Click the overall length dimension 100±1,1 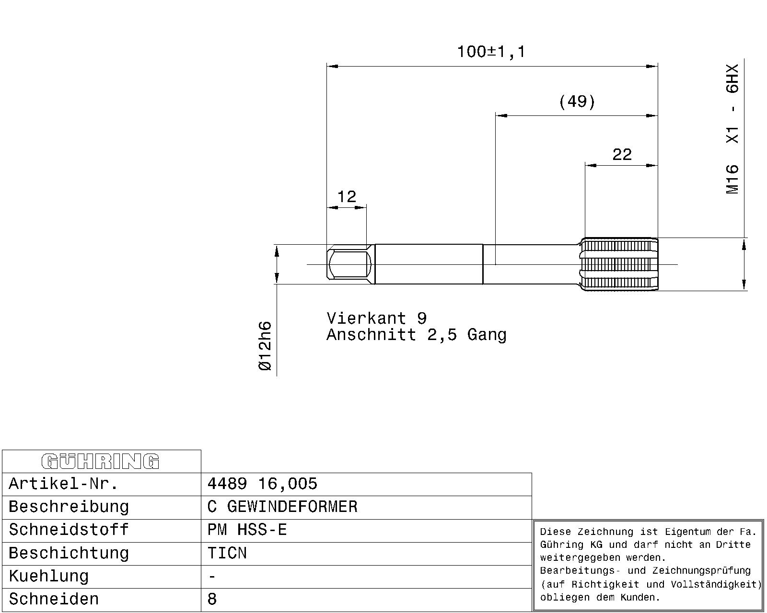coord(491,52)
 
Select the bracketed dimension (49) coord(577,102)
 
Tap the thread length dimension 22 coord(622,155)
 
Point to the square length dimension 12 coord(347,197)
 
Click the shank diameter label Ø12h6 coord(265,346)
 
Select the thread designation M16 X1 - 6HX coord(733,129)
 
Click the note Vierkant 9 coord(376,318)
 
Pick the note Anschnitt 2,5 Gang coord(416,335)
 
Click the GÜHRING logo coord(100,461)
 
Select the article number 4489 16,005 coord(262,484)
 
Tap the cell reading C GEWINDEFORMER coord(282,507)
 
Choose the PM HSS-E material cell coord(247,530)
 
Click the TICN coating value coord(227,553)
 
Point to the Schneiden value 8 coord(212,600)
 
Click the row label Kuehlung coord(49,577)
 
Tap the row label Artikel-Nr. coord(63,484)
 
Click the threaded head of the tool coord(619,264)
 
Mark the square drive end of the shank coord(350,264)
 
